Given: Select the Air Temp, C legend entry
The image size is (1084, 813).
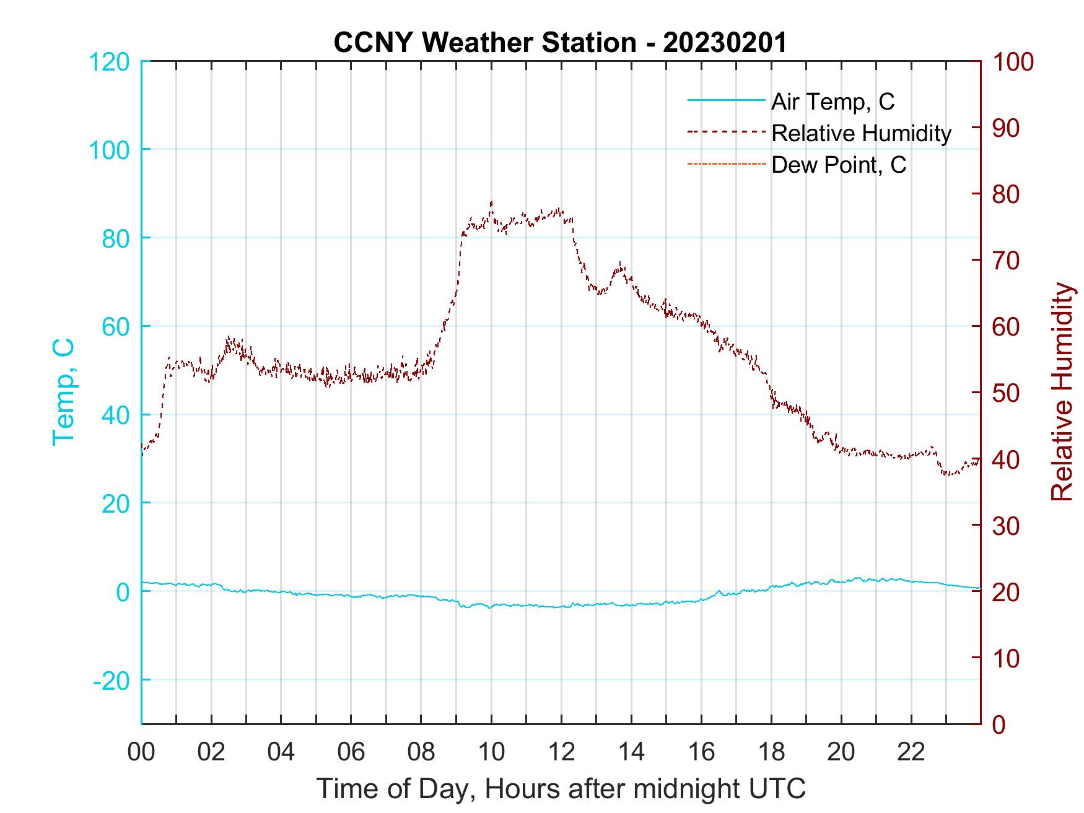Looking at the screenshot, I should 833,102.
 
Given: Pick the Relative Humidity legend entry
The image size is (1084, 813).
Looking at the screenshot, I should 861,133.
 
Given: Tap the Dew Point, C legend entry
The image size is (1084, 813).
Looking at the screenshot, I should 839,165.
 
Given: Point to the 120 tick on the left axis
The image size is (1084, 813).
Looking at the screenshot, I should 110,62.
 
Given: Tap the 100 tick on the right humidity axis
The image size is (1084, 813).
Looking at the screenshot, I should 1013,62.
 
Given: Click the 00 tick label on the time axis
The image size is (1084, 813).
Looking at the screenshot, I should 141,752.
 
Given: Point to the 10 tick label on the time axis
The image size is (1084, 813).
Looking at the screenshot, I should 491,752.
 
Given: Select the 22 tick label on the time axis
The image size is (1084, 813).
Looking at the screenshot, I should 911,752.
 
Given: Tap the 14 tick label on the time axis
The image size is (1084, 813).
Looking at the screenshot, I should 631,752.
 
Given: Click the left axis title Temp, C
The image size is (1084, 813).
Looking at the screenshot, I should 63,391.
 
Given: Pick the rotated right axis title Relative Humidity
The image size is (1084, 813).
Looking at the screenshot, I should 1062,391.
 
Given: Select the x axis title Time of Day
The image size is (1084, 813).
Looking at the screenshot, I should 561,789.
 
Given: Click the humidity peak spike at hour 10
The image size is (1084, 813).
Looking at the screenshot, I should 491,202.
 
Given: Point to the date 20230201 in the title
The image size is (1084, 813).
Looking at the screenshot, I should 725,43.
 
